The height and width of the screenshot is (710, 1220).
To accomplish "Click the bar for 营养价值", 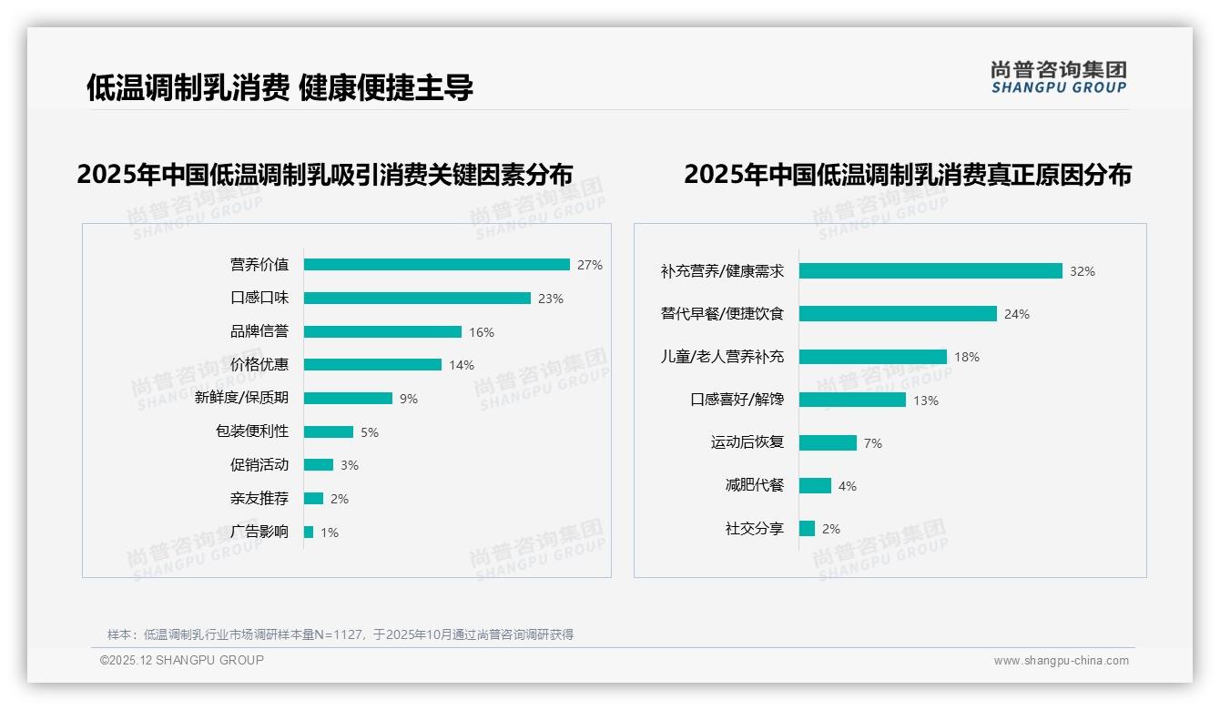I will (x=437, y=265).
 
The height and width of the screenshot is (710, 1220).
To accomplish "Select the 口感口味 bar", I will (x=417, y=299).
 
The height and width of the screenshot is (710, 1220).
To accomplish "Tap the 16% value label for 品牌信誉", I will (x=482, y=332).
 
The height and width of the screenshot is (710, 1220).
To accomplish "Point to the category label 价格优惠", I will (x=259, y=365).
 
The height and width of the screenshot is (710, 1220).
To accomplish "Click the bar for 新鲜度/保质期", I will (x=348, y=399).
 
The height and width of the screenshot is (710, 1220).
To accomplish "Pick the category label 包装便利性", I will (x=252, y=431).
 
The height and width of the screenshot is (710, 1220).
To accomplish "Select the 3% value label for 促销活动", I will (x=350, y=465).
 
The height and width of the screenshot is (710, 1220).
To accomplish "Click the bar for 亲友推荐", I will (x=313, y=499).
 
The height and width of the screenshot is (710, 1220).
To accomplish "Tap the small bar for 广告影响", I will (x=309, y=532).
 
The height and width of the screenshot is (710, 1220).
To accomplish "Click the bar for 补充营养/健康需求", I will (x=930, y=271).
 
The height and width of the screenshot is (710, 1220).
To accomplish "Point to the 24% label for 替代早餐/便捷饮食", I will (x=1017, y=314).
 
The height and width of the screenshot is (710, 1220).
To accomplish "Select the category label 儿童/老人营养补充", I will (x=722, y=357).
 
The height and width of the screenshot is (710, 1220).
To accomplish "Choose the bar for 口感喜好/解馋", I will (x=852, y=400).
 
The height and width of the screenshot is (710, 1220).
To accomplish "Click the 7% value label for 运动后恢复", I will (x=873, y=443).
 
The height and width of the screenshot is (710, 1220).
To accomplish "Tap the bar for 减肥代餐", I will (x=815, y=486).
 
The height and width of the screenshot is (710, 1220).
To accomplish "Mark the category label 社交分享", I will (x=755, y=528).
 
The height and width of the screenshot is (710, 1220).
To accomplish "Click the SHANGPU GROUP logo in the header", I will (x=1059, y=77).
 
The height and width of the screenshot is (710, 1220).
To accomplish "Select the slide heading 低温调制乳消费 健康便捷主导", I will (x=280, y=87).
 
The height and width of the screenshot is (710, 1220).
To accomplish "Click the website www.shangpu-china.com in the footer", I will (x=1061, y=661).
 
